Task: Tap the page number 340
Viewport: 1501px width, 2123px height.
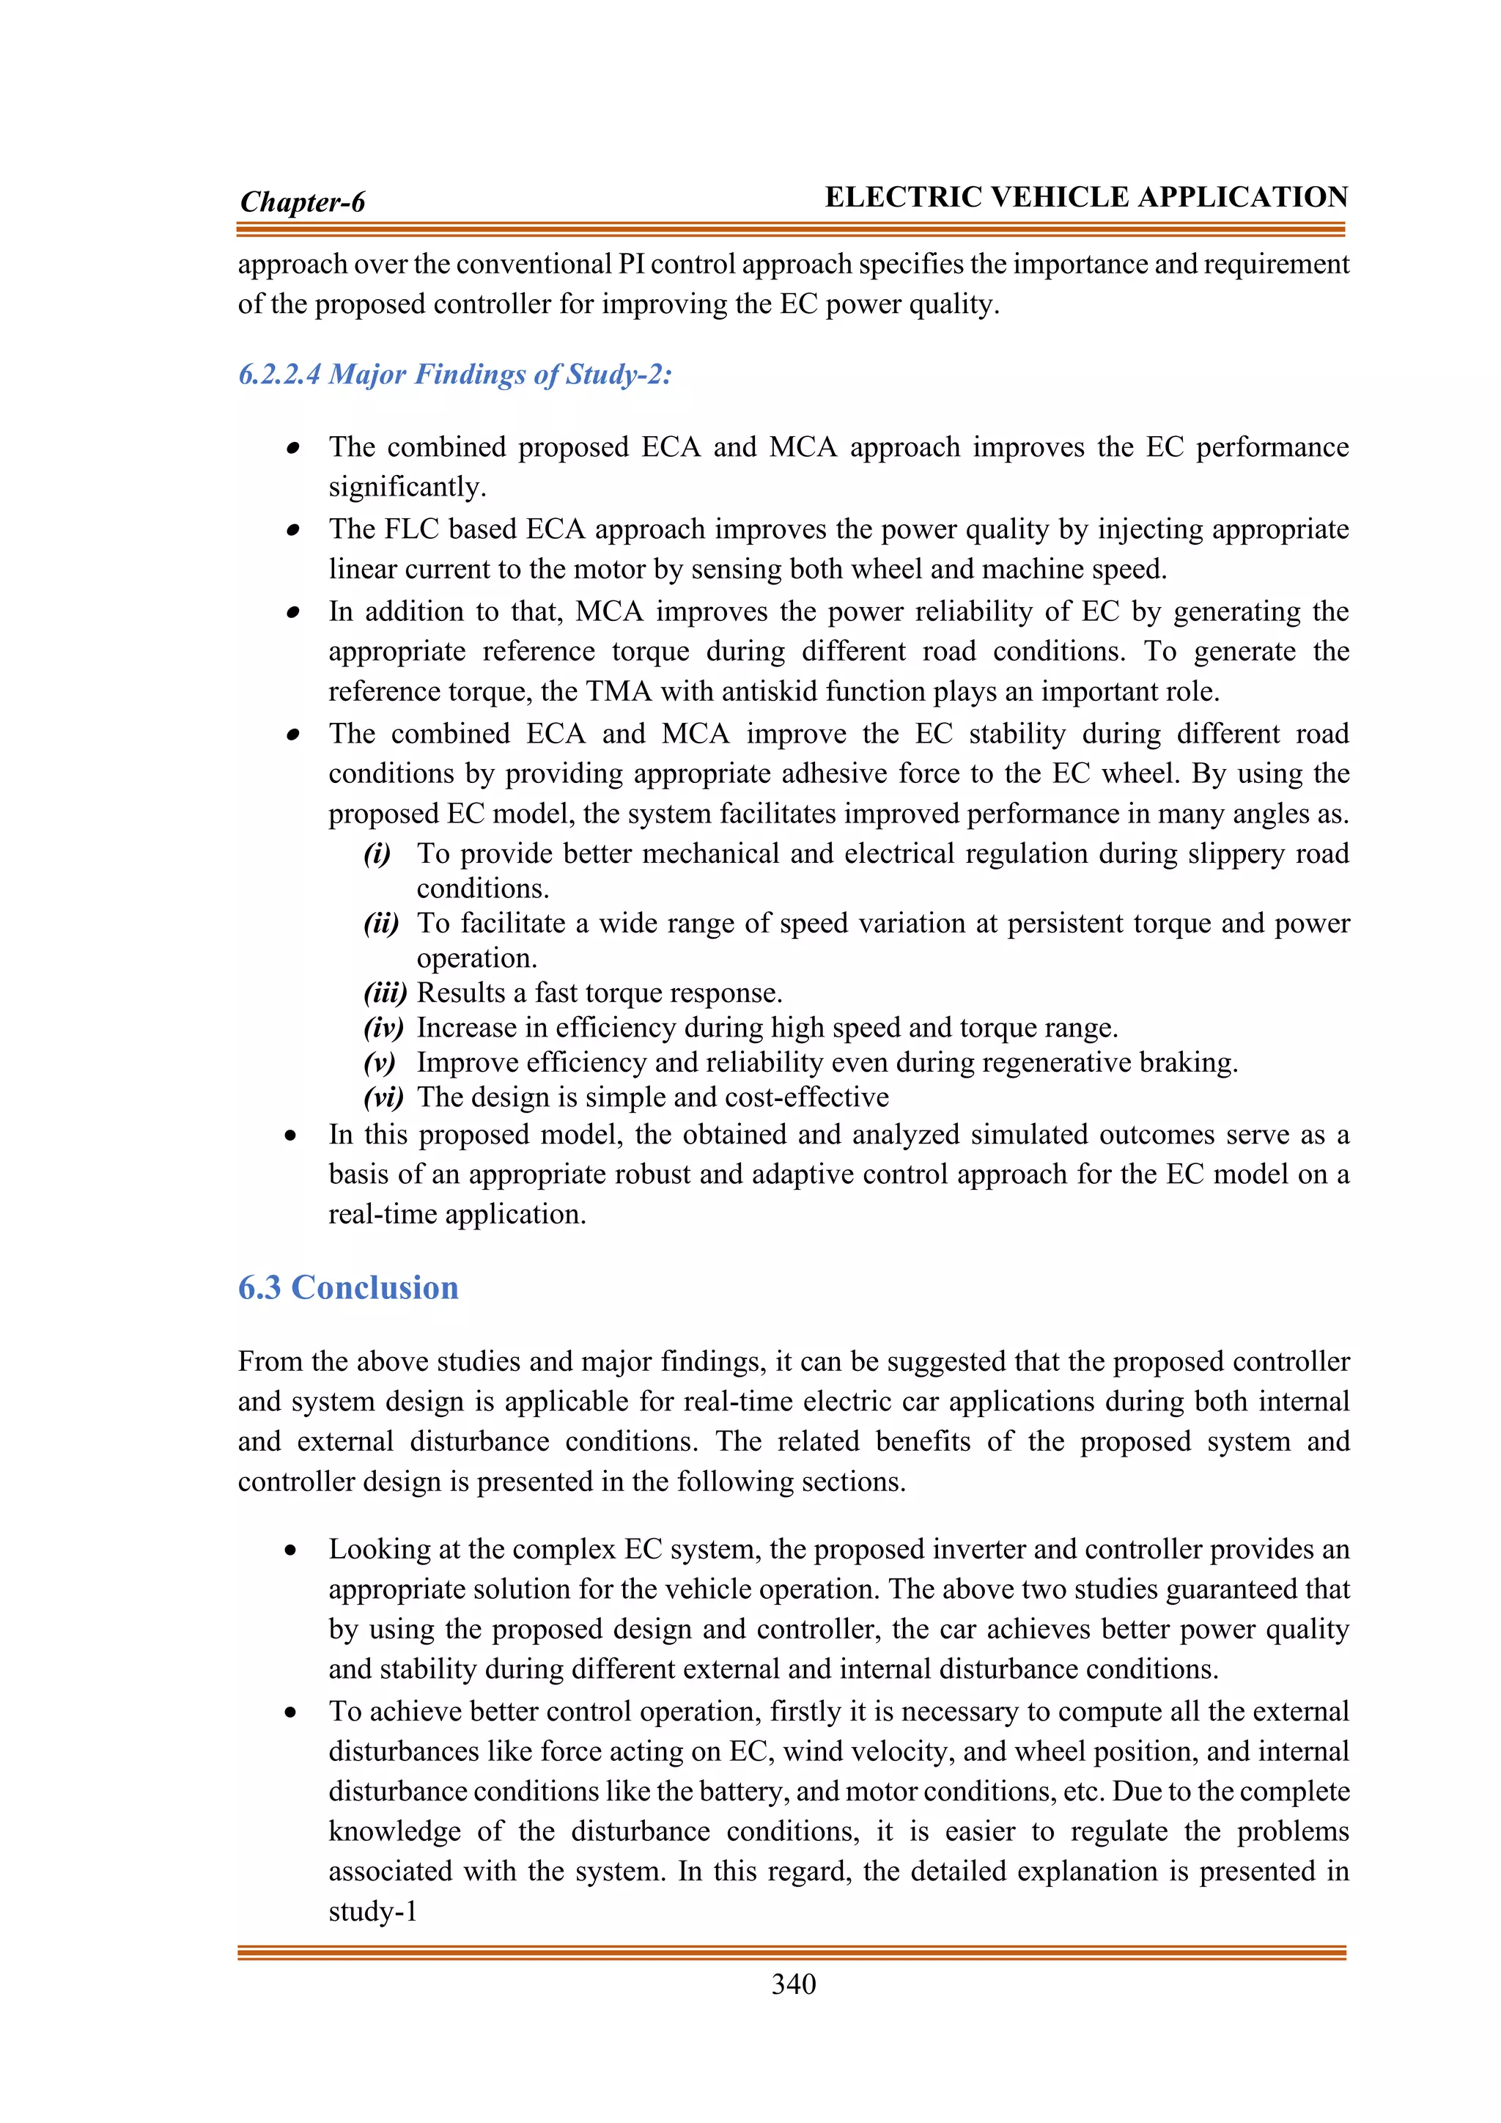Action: [x=793, y=1984]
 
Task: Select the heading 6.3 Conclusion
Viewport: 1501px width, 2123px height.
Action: [x=347, y=1287]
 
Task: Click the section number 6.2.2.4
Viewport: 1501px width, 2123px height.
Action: [x=279, y=375]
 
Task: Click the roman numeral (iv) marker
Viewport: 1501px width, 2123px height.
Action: [x=383, y=1027]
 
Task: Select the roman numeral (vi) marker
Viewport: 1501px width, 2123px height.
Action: [x=383, y=1097]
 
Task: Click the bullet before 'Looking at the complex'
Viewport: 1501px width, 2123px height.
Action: [x=291, y=1550]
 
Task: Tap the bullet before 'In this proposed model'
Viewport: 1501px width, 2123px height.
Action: [x=291, y=1136]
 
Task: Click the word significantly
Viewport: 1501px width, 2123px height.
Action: [x=407, y=487]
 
